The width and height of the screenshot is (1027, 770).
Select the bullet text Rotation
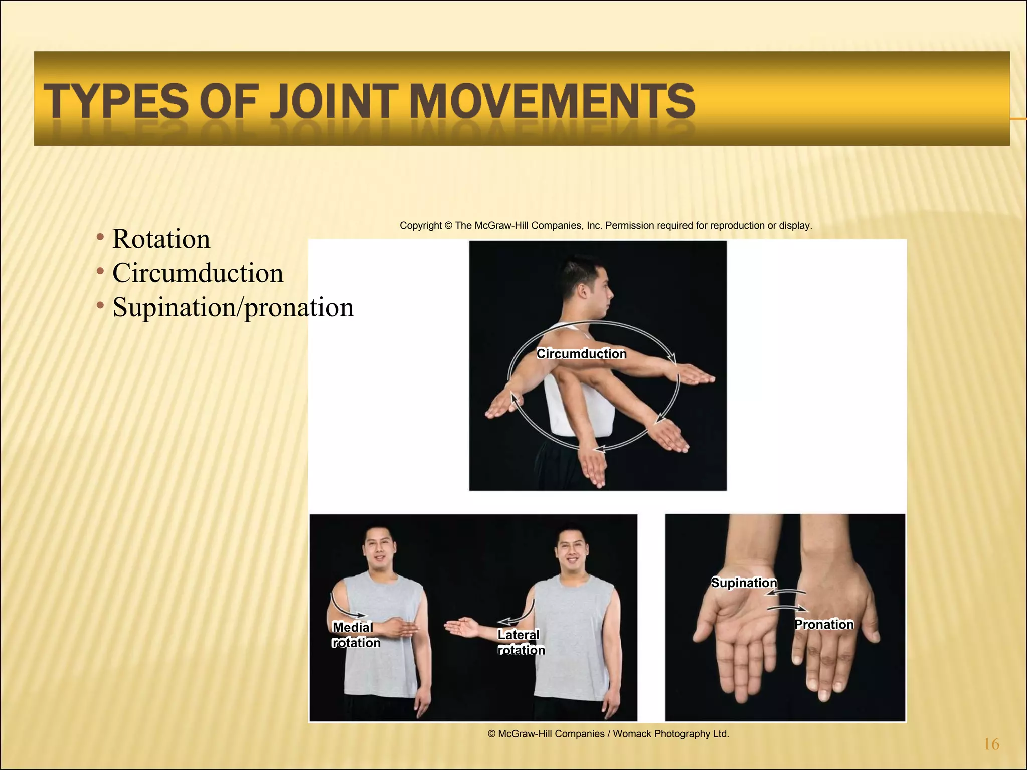(161, 239)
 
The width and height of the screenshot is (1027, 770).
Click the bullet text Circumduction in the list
(198, 273)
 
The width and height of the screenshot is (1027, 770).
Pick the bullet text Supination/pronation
(233, 307)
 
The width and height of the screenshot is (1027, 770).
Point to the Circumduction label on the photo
(581, 354)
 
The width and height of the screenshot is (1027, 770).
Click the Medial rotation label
(356, 635)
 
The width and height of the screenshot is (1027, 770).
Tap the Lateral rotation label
(521, 642)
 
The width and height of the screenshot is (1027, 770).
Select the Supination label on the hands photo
(744, 583)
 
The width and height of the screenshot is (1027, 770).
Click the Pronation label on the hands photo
(823, 624)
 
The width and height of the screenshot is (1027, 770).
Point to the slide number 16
(991, 744)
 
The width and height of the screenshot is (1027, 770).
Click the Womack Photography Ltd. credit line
(608, 734)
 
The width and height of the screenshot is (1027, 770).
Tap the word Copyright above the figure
(421, 226)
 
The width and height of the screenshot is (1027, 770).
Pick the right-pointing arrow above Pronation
(788, 609)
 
